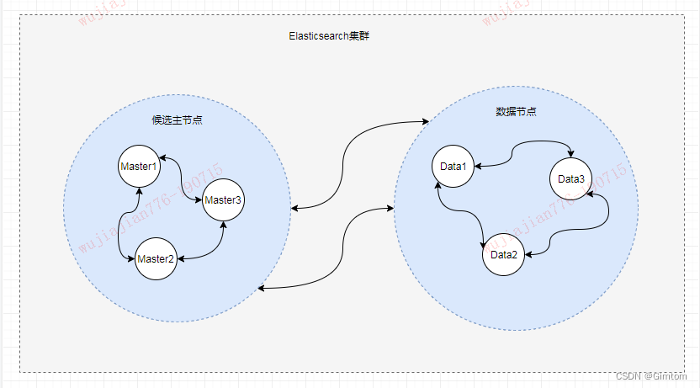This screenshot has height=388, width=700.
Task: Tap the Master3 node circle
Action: pos(223,199)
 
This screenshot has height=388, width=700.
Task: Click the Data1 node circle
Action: pos(453,166)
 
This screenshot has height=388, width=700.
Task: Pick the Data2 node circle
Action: pos(503,255)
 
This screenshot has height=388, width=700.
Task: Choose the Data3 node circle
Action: pos(571,178)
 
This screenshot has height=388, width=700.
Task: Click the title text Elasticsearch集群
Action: pos(323,37)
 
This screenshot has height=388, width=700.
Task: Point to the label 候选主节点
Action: pos(177,120)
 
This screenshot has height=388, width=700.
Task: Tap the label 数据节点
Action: pos(516,111)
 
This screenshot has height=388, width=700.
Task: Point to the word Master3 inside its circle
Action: pos(223,199)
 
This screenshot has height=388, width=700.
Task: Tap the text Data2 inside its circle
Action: pos(503,255)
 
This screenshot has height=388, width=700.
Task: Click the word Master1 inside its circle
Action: pos(139,167)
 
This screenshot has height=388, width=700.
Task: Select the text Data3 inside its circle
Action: pos(571,178)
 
